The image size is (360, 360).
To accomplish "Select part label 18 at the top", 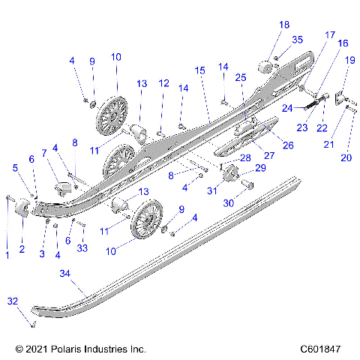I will click(284, 25).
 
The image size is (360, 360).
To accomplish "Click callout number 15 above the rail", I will click(199, 70).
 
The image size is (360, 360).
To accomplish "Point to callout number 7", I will click(44, 153).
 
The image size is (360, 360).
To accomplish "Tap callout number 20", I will click(346, 157).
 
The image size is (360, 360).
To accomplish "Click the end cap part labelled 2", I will click(22, 209).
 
